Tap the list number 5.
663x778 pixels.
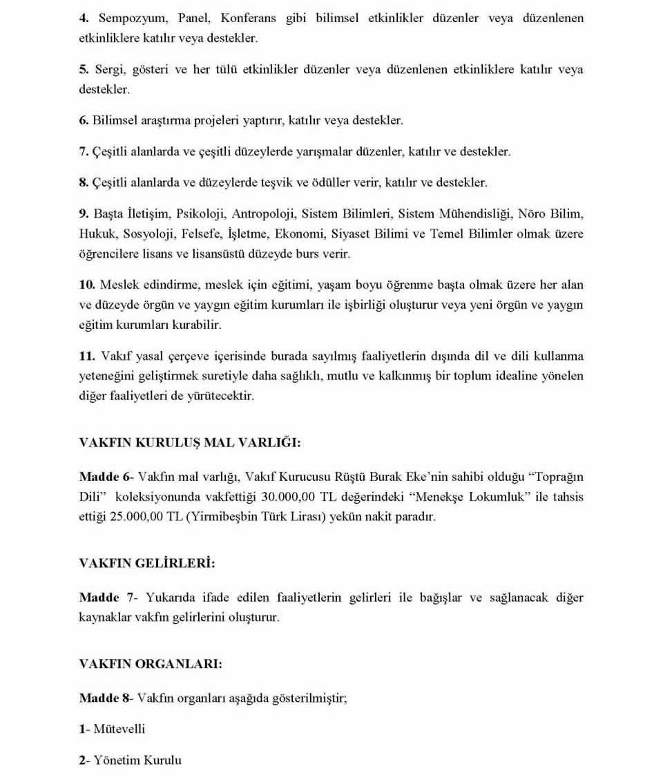[x=83, y=70]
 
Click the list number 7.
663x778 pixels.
[x=83, y=151]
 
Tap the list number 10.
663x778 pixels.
[x=86, y=285]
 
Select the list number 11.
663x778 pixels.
[x=86, y=357]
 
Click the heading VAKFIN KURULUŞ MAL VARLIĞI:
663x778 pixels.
[x=190, y=443]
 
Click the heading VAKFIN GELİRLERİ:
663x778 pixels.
[x=147, y=563]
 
